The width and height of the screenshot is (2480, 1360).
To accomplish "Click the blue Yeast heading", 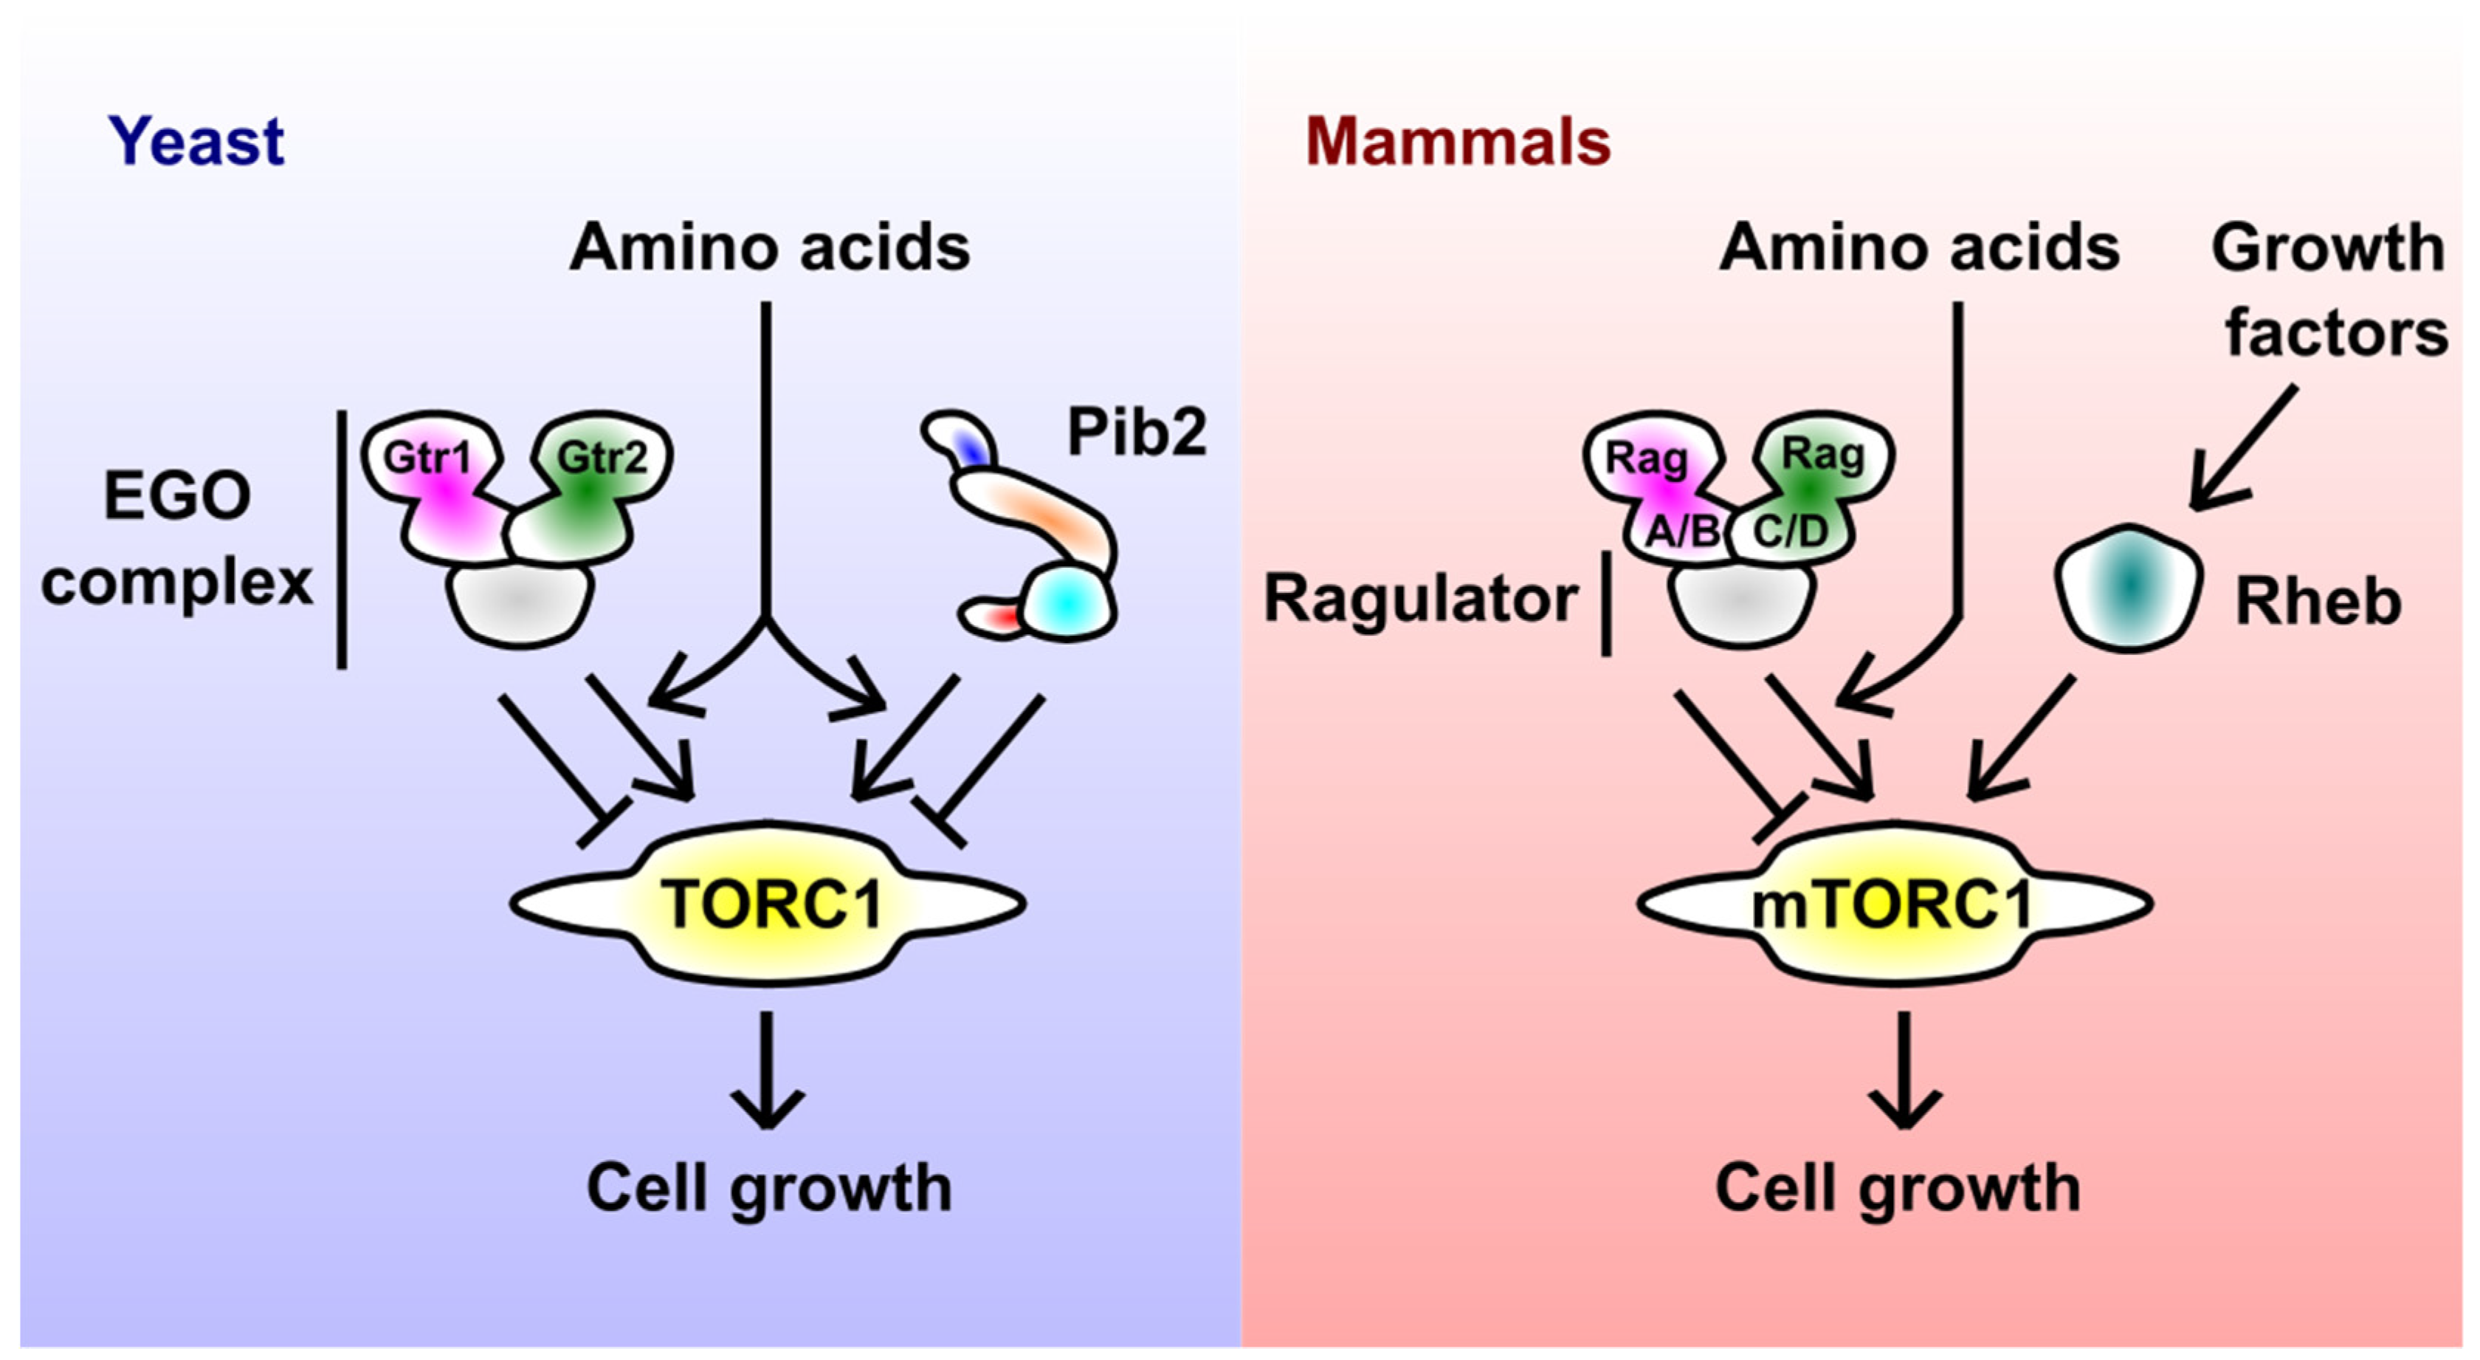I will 196,142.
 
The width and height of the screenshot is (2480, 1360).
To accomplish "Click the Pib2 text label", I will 1136,431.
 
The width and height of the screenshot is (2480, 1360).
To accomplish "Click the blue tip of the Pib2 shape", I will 974,449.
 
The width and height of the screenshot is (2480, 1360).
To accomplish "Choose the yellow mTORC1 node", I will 1892,904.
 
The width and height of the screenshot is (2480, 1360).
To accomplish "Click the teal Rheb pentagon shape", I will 2129,588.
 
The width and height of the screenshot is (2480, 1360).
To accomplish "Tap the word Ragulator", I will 1420,598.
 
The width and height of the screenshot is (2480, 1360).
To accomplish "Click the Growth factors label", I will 2330,289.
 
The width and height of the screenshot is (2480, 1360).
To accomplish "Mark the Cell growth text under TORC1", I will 768,1186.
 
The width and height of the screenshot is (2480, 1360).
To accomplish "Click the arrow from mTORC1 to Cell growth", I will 1904,1069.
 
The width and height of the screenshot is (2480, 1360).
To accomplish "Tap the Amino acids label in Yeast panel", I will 768,247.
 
